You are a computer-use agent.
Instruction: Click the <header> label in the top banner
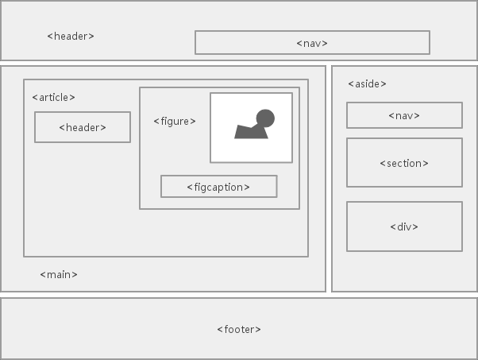(x=71, y=36)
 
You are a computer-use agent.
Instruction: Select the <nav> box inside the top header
(x=312, y=43)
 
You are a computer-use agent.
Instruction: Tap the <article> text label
(x=53, y=97)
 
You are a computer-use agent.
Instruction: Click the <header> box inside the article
(x=83, y=127)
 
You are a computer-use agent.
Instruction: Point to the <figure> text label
(x=174, y=121)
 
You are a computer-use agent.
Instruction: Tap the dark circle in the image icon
(x=265, y=119)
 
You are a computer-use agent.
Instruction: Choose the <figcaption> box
(x=218, y=187)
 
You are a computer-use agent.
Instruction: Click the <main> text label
(x=59, y=274)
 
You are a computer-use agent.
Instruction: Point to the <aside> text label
(x=367, y=83)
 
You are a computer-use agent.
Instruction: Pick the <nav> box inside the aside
(x=404, y=115)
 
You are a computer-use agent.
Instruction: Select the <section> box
(x=404, y=163)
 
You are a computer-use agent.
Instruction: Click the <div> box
(x=404, y=226)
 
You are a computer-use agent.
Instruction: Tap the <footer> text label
(x=239, y=329)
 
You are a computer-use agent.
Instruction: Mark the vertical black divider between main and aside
(x=329, y=179)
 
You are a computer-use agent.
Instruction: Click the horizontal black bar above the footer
(x=239, y=295)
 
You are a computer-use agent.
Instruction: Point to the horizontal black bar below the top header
(x=239, y=63)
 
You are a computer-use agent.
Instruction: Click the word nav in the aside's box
(x=404, y=115)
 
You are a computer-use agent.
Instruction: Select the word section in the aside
(x=404, y=163)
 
